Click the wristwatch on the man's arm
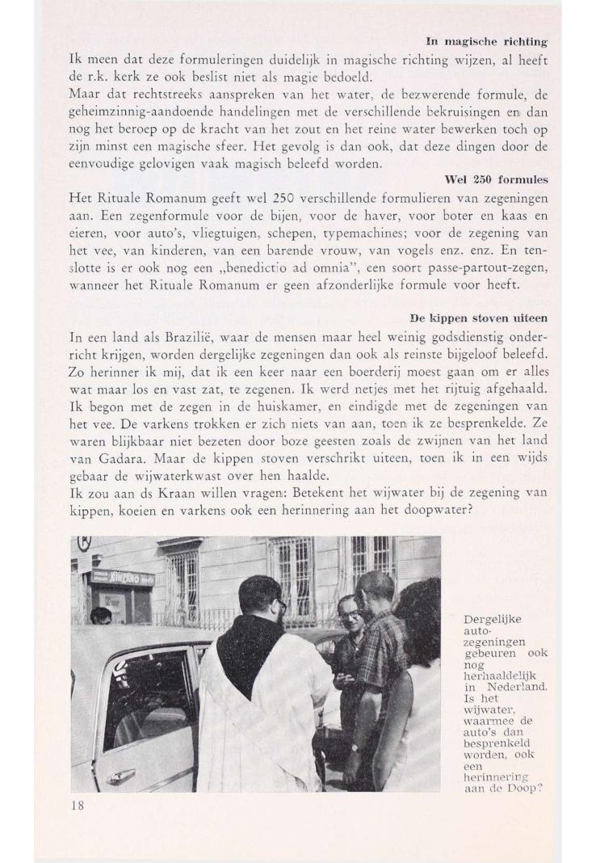point(354,748)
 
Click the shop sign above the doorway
point(122,578)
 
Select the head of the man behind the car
point(100,616)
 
